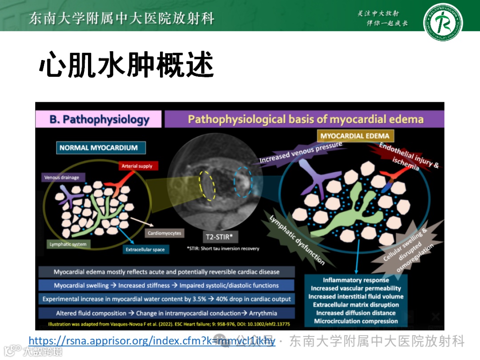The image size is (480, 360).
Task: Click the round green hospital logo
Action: coord(443,22)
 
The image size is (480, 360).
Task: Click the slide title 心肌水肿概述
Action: coord(127,67)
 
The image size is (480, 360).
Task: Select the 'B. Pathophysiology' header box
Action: coord(100,120)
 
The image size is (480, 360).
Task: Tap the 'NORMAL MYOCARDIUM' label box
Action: coord(99,148)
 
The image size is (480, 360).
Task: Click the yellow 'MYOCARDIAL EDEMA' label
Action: coord(355,136)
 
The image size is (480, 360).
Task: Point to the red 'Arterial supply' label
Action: coord(137,166)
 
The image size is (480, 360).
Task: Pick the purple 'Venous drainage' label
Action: coord(62,178)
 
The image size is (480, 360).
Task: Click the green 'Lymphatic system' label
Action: coord(68,244)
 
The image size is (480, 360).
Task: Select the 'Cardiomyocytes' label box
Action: coord(164,233)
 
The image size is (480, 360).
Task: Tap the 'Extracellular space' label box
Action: coord(145,250)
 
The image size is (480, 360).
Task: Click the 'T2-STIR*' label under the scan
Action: coord(219,237)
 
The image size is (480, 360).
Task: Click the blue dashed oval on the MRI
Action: coord(243,182)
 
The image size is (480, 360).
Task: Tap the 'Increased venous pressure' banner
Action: coord(301,152)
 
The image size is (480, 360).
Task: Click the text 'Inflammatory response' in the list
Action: coord(356,280)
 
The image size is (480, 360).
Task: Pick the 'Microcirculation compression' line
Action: coord(356,321)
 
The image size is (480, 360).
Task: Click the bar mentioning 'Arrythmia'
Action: coord(167,313)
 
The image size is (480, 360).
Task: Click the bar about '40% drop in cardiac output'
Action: coord(167,299)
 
